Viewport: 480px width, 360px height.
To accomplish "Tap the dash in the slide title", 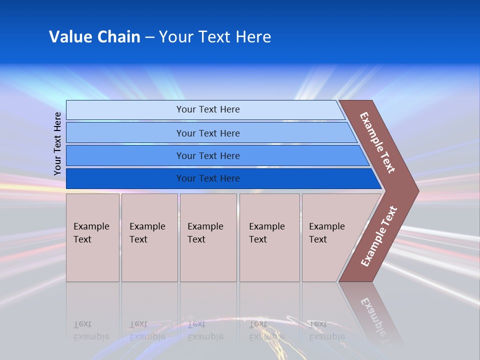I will [149, 37].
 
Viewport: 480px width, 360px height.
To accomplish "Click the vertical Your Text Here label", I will [57, 144].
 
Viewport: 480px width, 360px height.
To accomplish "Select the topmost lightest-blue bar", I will [207, 109].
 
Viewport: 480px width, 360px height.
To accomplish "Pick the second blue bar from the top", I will [207, 133].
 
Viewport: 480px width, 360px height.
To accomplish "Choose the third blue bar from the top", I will [207, 155].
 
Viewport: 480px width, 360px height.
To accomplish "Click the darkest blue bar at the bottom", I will [207, 178].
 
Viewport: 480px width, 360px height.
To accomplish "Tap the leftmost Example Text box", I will [92, 237].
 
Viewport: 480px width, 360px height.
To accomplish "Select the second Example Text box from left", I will [149, 237].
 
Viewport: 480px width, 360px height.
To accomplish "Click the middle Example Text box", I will [208, 237].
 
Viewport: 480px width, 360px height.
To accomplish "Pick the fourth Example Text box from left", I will [269, 237].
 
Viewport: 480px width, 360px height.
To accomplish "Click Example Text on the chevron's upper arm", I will [377, 142].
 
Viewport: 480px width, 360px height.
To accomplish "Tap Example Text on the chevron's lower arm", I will [378, 236].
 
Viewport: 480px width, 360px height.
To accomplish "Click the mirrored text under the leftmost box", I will [91, 330].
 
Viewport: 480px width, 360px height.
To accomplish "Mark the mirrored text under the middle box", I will [205, 330].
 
